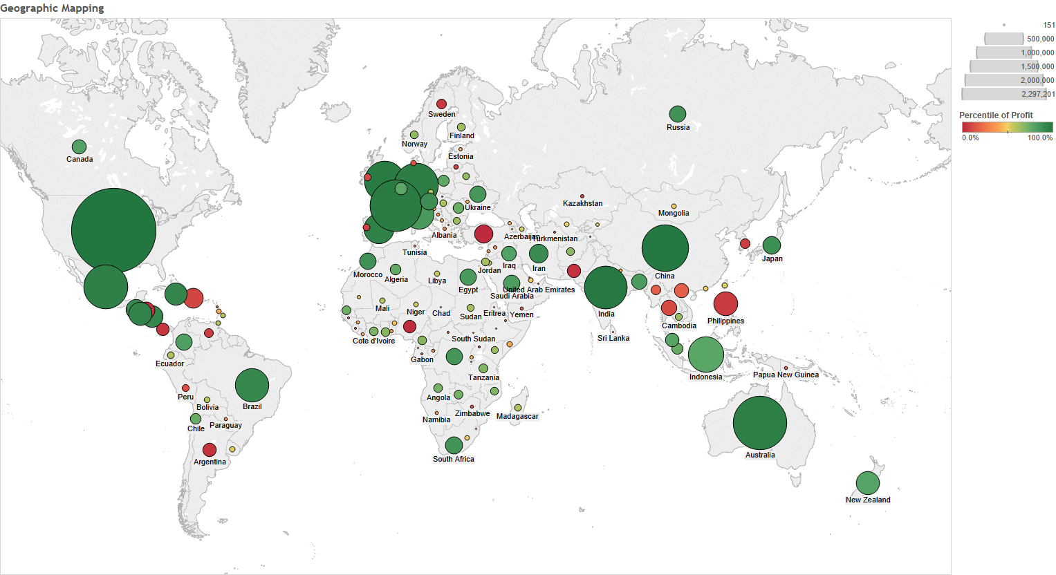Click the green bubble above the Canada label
click(80, 147)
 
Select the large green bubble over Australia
click(759, 423)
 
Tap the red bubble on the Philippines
click(725, 304)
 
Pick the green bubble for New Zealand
click(867, 483)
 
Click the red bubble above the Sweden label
click(441, 104)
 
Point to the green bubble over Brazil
click(252, 385)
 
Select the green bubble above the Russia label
click(678, 114)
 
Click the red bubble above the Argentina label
click(210, 450)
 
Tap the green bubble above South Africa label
click(454, 445)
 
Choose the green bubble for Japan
click(771, 245)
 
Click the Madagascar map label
click(517, 416)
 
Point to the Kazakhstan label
click(582, 203)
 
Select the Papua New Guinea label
click(786, 375)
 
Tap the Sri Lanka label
click(613, 338)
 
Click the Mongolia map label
click(674, 213)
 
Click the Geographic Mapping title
click(53, 8)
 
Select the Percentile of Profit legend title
click(996, 115)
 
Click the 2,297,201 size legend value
click(1038, 94)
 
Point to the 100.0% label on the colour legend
click(1039, 138)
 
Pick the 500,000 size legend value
click(1040, 39)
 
